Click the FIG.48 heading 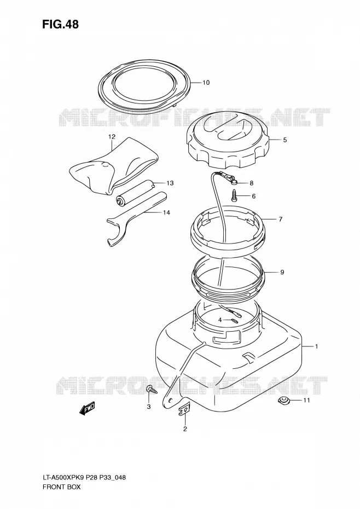pyautogui.click(x=60, y=24)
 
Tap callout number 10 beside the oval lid pyautogui.click(x=206, y=83)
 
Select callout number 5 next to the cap pyautogui.click(x=284, y=140)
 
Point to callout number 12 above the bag pyautogui.click(x=112, y=137)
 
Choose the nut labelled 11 pyautogui.click(x=284, y=401)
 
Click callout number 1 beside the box pyautogui.click(x=316, y=346)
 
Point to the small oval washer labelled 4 pyautogui.click(x=234, y=321)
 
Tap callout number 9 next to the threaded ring pyautogui.click(x=282, y=272)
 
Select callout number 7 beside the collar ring pyautogui.click(x=280, y=219)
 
